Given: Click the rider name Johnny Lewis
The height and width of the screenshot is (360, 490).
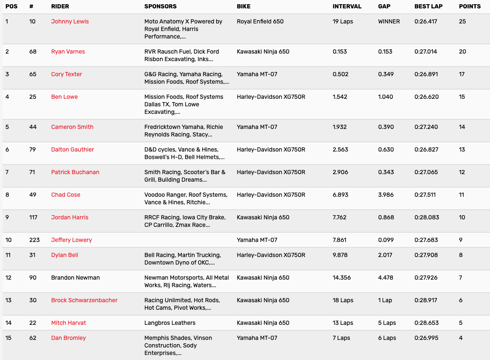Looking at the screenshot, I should click(x=70, y=21).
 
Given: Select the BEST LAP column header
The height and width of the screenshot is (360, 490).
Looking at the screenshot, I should click(x=428, y=6).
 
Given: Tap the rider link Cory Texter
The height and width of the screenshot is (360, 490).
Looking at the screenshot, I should click(x=67, y=74).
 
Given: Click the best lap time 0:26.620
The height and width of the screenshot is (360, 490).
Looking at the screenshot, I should click(x=426, y=97).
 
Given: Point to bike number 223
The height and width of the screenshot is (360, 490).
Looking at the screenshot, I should click(x=34, y=240).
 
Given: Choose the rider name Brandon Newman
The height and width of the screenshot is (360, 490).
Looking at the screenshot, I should click(x=75, y=278).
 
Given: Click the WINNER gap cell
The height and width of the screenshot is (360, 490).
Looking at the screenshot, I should click(x=389, y=21).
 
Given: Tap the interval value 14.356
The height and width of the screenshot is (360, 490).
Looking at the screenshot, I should click(x=342, y=278).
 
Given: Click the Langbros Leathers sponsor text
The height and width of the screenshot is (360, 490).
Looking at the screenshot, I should click(x=170, y=323).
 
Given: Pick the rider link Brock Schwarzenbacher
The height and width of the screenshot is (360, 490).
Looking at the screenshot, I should click(x=84, y=300).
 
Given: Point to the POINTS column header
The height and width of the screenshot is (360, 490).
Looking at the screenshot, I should click(x=470, y=6).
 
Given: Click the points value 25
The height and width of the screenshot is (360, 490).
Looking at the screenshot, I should click(x=462, y=21).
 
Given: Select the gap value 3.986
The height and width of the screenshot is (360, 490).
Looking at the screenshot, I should click(x=385, y=195).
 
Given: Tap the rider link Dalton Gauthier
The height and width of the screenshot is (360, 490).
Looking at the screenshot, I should click(x=72, y=149).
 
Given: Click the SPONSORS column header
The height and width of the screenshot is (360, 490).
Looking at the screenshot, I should click(x=160, y=6).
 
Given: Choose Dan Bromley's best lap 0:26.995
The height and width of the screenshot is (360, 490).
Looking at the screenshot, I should click(x=426, y=338).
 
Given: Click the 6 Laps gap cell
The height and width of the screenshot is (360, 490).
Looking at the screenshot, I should click(x=387, y=338).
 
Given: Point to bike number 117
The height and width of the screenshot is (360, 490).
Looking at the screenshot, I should click(x=34, y=217).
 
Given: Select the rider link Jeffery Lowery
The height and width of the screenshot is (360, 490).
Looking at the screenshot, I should click(x=72, y=240).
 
